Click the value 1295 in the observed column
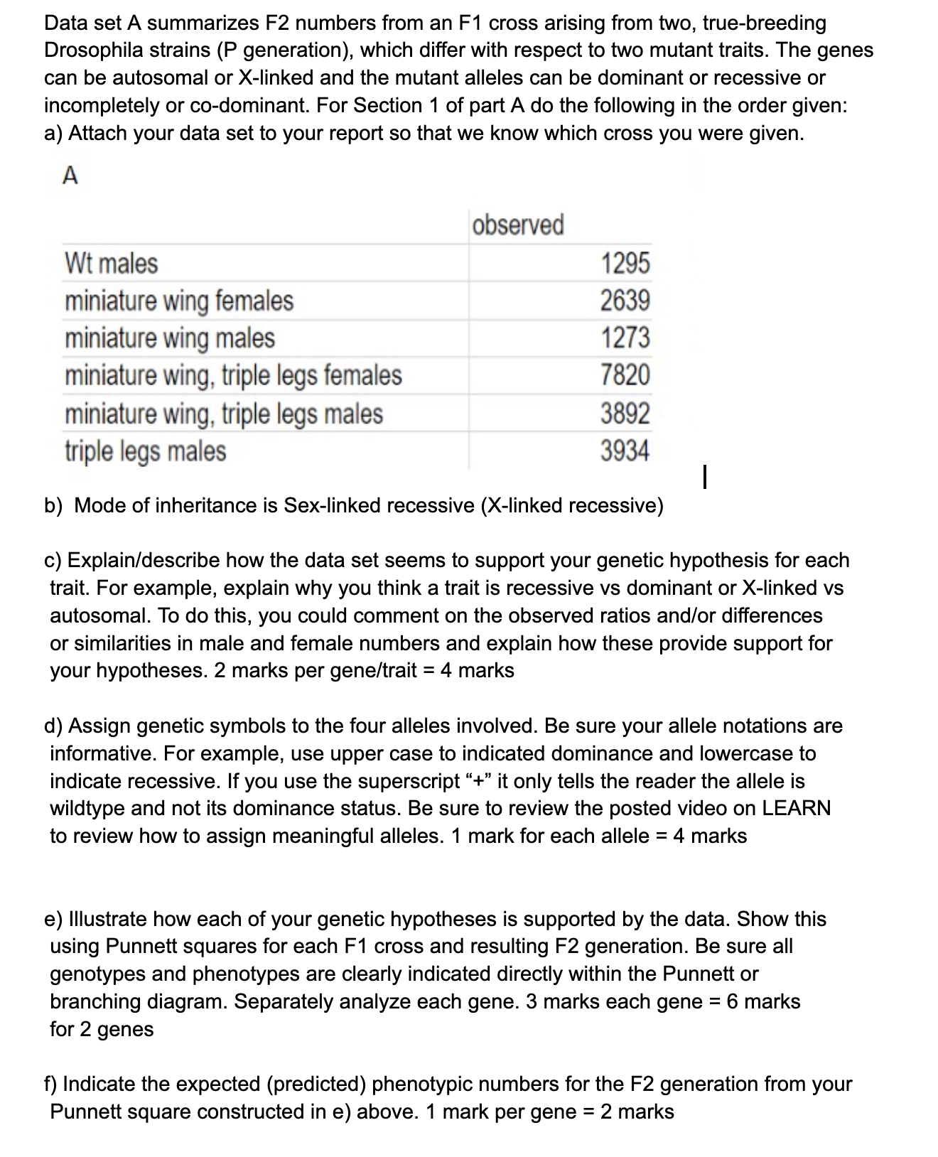pyautogui.click(x=625, y=263)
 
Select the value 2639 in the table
pyautogui.click(x=625, y=301)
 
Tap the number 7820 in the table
pyautogui.click(x=625, y=375)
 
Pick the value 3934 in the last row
pyautogui.click(x=625, y=451)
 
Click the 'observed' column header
pyautogui.click(x=518, y=225)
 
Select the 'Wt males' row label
pyautogui.click(x=111, y=263)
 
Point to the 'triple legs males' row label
pyautogui.click(x=145, y=451)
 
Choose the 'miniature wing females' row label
pyautogui.click(x=178, y=301)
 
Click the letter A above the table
pyautogui.click(x=70, y=176)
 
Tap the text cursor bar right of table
pyautogui.click(x=703, y=476)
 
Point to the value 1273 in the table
pyautogui.click(x=625, y=338)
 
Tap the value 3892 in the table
pyautogui.click(x=625, y=413)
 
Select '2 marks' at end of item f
pyautogui.click(x=637, y=1112)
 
